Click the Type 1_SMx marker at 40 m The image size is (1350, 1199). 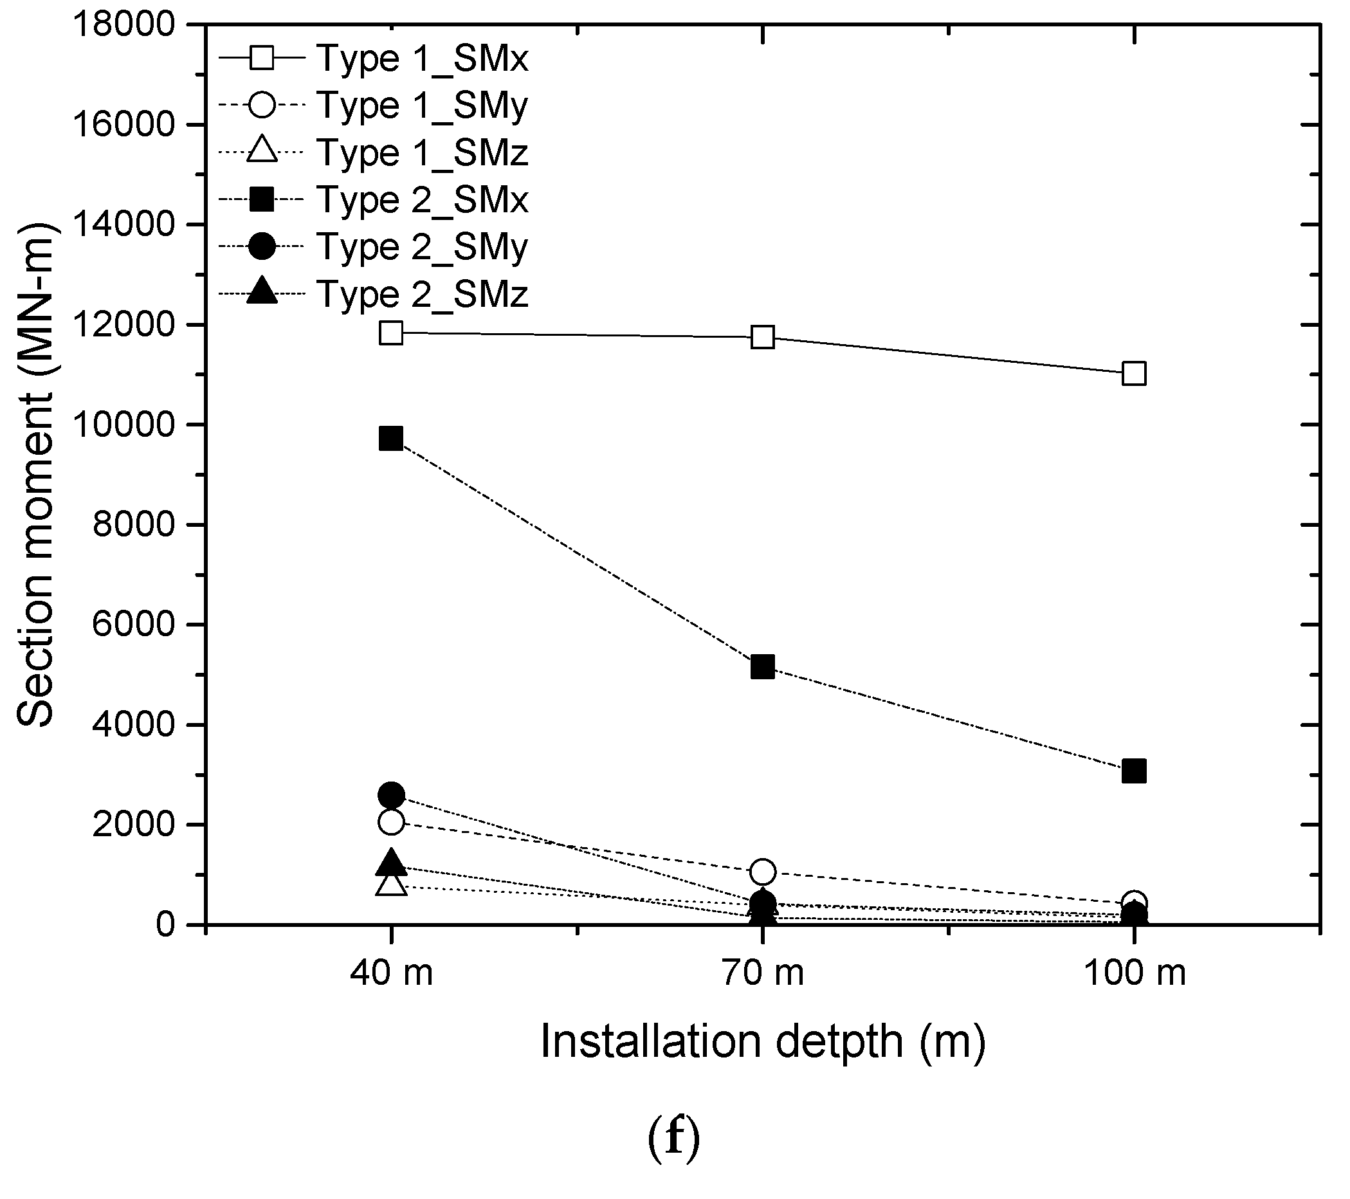coord(391,333)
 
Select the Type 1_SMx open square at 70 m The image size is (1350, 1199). coord(763,337)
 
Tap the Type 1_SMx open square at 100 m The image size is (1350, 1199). coord(1134,373)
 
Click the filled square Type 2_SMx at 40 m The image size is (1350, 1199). coord(391,438)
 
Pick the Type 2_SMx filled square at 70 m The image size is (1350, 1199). coord(763,667)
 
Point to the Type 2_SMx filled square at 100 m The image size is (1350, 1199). coord(1134,771)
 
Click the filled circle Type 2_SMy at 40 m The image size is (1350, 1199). coord(391,794)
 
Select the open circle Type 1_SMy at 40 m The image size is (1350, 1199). coord(391,822)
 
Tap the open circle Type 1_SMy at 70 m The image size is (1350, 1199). coord(763,872)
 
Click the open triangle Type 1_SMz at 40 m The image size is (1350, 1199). coord(391,884)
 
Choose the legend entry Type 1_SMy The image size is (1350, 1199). coord(423,105)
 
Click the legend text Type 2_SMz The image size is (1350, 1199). coord(423,294)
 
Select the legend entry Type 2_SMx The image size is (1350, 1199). coord(423,199)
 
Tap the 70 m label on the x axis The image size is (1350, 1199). coord(763,973)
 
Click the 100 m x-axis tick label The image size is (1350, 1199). coord(1134,973)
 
